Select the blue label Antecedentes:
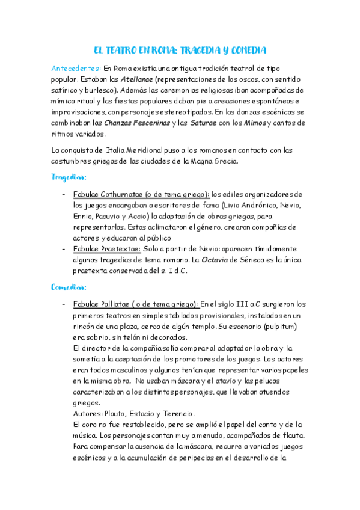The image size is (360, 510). pos(76,68)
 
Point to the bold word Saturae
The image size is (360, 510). pos(207,123)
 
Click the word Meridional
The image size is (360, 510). pos(142,150)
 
